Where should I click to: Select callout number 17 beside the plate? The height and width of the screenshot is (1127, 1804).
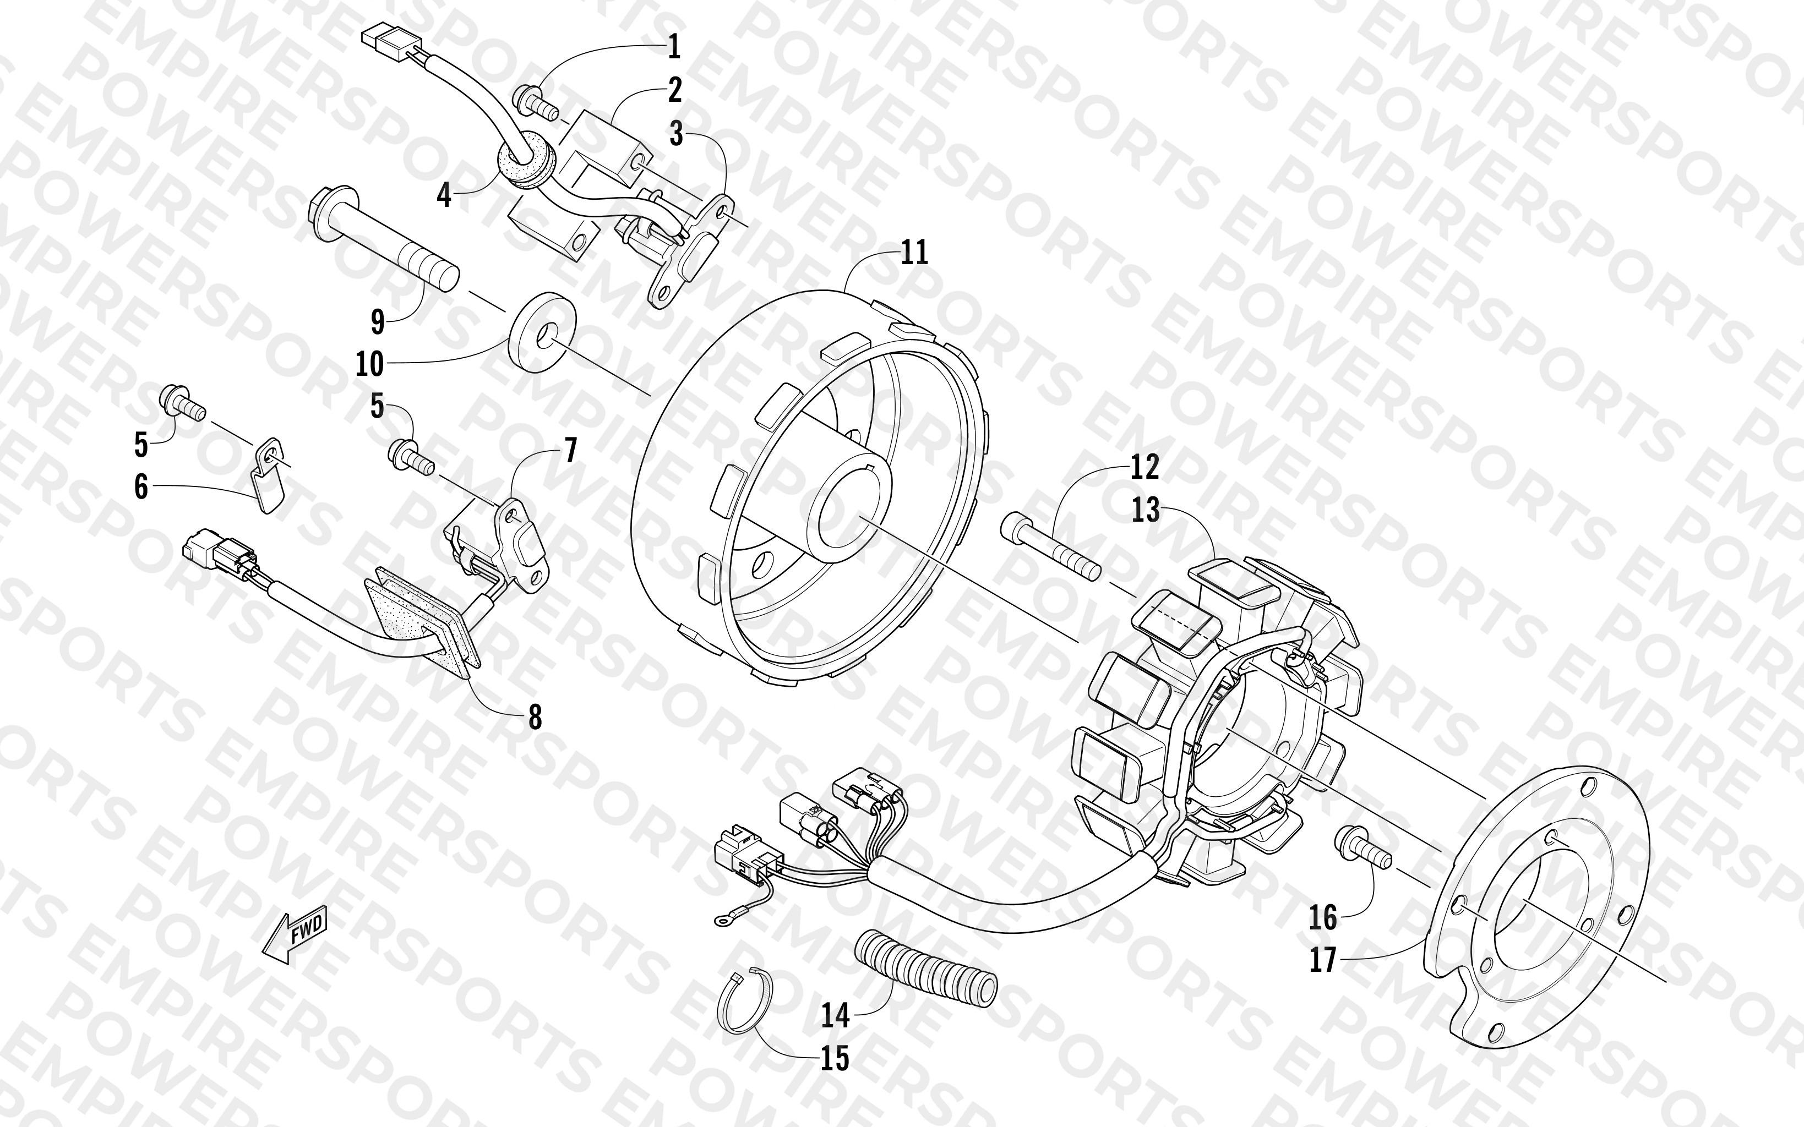click(x=1323, y=960)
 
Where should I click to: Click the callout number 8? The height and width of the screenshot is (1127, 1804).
click(x=535, y=717)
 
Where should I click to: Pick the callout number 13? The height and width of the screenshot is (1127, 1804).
click(x=1146, y=511)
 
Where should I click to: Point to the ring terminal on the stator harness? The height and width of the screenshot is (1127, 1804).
click(x=722, y=923)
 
